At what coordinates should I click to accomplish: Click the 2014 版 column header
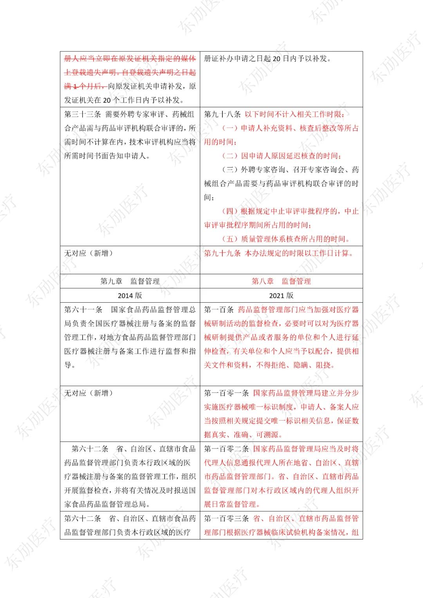click(130, 295)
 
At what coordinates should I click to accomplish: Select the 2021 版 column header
click(281, 295)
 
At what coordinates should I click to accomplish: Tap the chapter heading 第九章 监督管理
click(130, 281)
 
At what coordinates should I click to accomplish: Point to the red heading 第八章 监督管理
click(281, 281)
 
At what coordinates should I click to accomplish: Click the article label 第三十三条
click(83, 114)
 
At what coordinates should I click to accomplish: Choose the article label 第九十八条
click(222, 114)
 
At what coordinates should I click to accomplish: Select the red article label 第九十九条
click(222, 253)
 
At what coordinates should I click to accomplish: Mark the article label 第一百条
click(219, 310)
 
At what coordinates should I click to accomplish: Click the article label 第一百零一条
click(226, 393)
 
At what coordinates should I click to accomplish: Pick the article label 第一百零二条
click(226, 449)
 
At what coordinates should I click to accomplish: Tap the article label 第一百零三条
click(226, 519)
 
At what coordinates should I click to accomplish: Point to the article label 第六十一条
click(83, 310)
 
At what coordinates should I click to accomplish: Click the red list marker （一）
click(230, 128)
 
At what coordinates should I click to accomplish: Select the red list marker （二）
click(230, 156)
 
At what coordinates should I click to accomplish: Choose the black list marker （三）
click(230, 170)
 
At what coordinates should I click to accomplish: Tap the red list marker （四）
click(230, 211)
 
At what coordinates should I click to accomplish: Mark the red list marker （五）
click(230, 239)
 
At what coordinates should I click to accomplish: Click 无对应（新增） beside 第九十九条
click(89, 253)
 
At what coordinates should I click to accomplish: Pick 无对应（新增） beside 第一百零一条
click(89, 393)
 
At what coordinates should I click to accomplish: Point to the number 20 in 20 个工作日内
click(107, 100)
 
